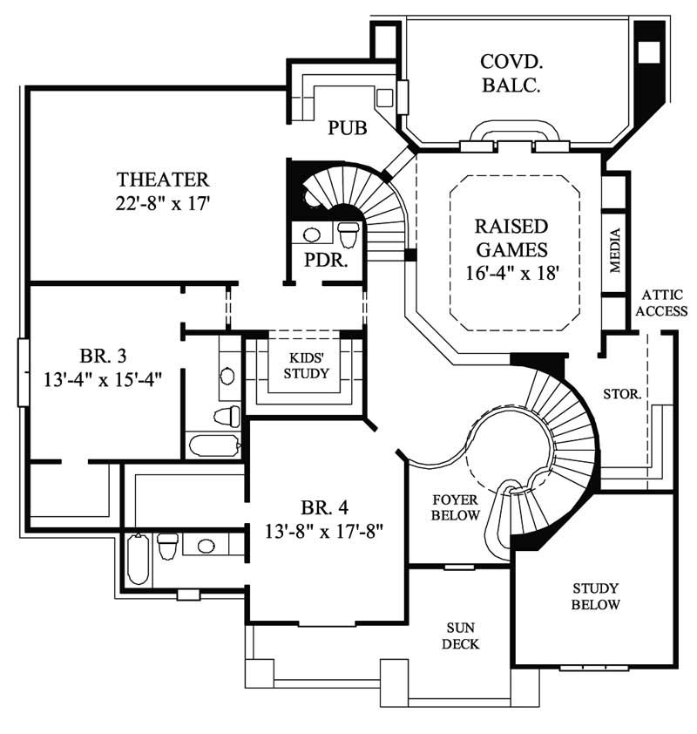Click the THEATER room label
[x=163, y=180]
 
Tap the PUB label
[x=347, y=128]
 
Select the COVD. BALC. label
[x=512, y=73]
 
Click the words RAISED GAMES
[x=511, y=238]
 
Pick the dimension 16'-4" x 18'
[x=511, y=272]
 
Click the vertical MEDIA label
[x=614, y=251]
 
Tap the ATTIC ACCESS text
[x=663, y=303]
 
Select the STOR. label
[x=622, y=394]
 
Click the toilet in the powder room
[x=348, y=234]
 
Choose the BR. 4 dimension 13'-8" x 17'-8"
[x=325, y=530]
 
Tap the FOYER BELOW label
[x=457, y=507]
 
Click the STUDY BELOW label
[x=596, y=596]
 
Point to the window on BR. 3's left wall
[x=24, y=372]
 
